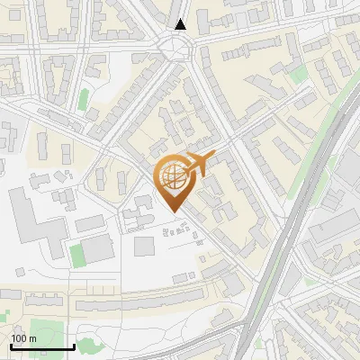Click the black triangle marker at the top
(x=181, y=24)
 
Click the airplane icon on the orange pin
(x=200, y=164)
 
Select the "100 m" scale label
(x=23, y=338)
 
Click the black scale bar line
(x=42, y=346)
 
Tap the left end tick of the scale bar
(x=11, y=345)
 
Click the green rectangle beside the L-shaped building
(x=78, y=254)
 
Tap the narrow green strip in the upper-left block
(x=84, y=98)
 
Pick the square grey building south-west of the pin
(x=144, y=246)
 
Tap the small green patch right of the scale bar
(x=88, y=346)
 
